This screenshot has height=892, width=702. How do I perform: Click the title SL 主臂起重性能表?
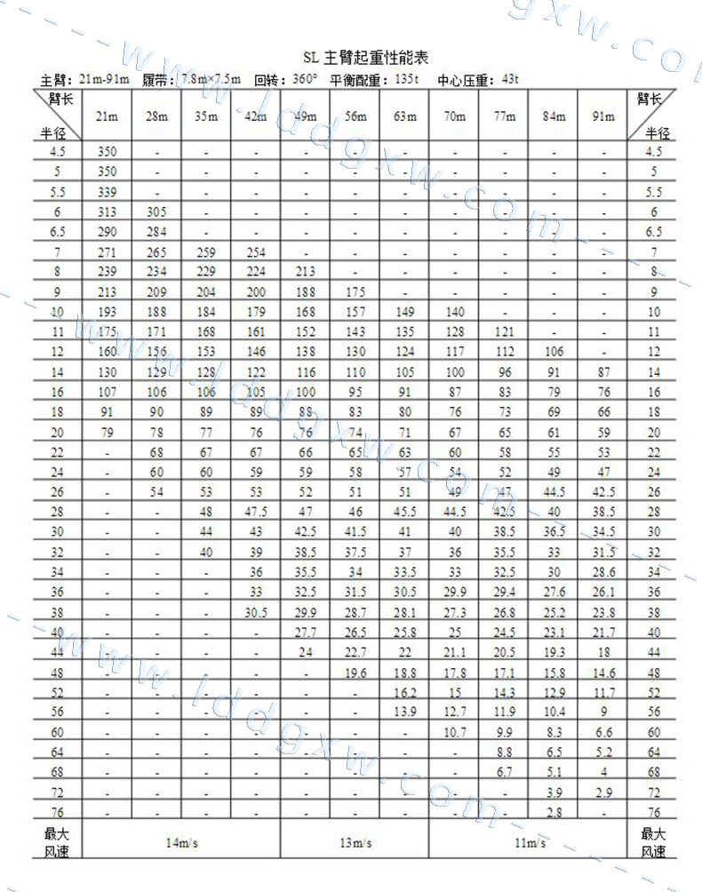pyautogui.click(x=364, y=58)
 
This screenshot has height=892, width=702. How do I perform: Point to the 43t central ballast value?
pyautogui.click(x=510, y=80)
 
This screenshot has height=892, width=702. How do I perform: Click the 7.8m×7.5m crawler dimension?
pyautogui.click(x=210, y=80)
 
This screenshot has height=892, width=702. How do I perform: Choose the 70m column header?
pyautogui.click(x=454, y=116)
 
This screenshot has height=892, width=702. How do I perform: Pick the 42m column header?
pyautogui.click(x=256, y=116)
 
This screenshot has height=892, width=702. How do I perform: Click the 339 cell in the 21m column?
pyautogui.click(x=107, y=192)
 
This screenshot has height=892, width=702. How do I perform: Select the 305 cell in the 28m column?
pyautogui.click(x=156, y=211)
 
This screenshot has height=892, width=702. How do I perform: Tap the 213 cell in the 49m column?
pyautogui.click(x=306, y=272)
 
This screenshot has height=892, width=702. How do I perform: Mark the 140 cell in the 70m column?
pyautogui.click(x=454, y=312)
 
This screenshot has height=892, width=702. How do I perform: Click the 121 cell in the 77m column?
pyautogui.click(x=504, y=331)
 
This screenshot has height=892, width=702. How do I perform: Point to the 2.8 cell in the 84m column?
pyautogui.click(x=554, y=812)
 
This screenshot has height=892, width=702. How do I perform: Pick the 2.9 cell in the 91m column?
pyautogui.click(x=603, y=792)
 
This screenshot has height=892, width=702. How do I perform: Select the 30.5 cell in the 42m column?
pyautogui.click(x=256, y=612)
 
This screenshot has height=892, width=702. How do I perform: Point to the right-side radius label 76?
pyautogui.click(x=654, y=812)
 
